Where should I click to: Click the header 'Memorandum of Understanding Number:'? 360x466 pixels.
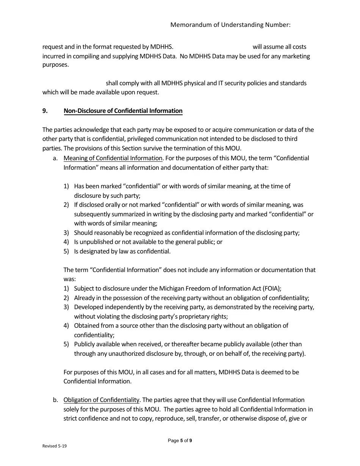230,25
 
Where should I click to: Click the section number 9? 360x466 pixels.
45,111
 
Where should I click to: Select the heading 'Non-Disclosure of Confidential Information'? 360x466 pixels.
123,111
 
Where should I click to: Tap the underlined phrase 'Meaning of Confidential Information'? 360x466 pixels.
113,158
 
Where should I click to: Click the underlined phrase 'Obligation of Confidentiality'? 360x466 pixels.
102,400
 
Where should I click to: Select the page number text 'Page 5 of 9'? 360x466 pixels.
180,441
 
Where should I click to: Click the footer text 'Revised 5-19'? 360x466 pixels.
55,446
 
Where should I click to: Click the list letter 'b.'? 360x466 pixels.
55,400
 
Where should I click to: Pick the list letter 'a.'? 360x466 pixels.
55,158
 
